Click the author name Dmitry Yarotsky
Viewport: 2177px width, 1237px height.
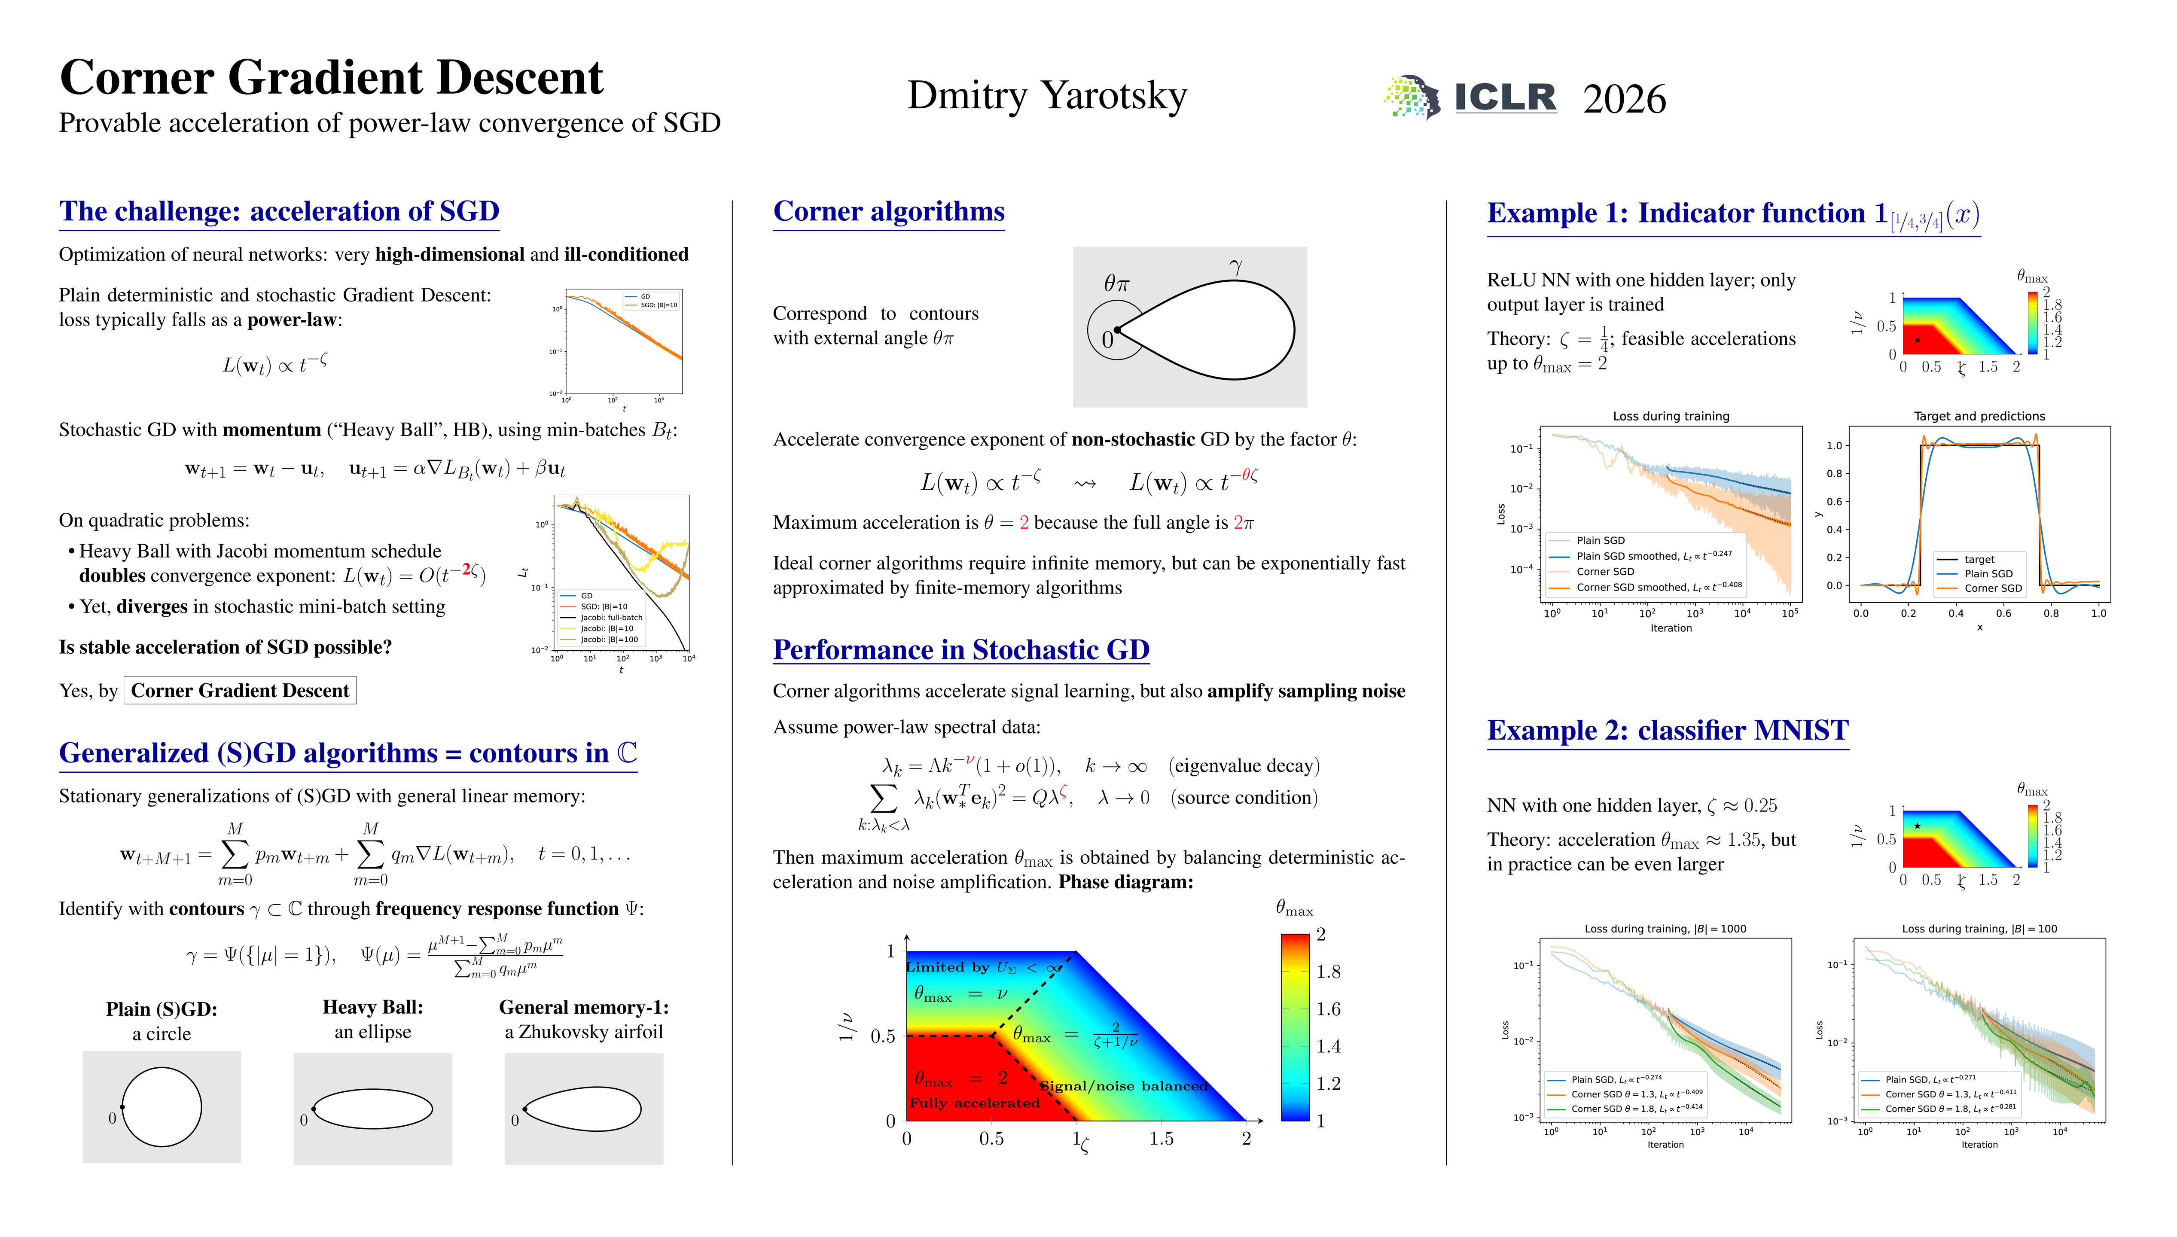point(1046,95)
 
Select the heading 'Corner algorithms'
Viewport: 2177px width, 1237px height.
point(888,212)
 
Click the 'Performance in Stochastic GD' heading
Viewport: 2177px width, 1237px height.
point(960,650)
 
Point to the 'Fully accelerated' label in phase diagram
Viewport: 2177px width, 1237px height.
point(974,1103)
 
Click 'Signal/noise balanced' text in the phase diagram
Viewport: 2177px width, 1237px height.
point(1123,1086)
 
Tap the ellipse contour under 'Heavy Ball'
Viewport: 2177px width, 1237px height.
point(373,1109)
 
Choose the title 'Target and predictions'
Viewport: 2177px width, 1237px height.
point(1979,416)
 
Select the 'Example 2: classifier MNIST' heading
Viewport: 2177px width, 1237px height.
point(1668,731)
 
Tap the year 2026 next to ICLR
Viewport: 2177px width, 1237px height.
point(1624,99)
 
